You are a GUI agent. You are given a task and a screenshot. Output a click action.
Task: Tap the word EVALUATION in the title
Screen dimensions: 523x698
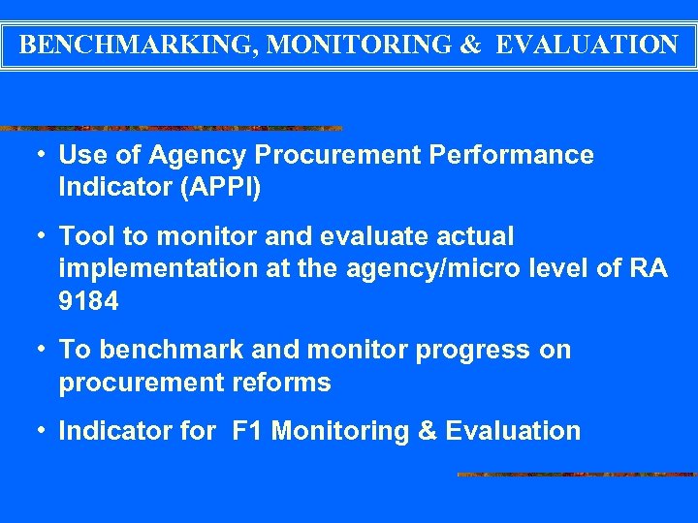coord(587,45)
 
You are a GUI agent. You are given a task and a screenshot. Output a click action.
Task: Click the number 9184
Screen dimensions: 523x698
coord(89,302)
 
